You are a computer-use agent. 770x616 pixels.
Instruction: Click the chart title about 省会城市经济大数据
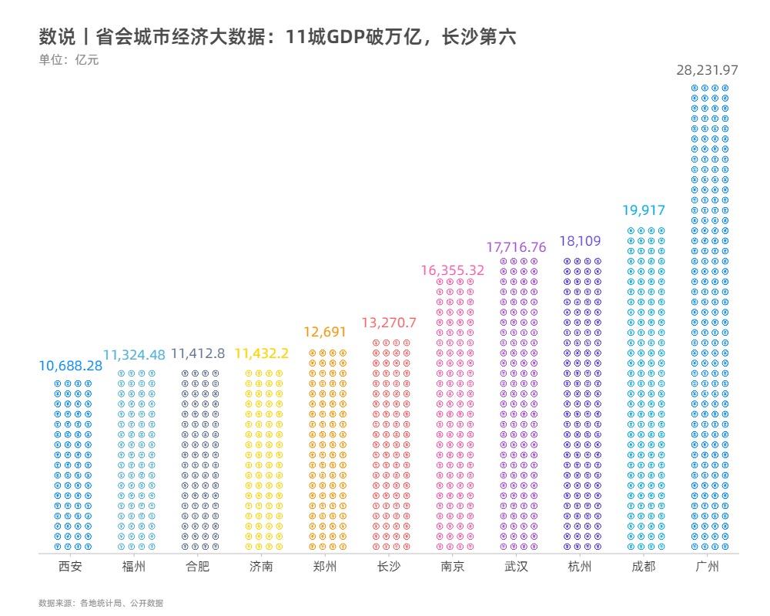[277, 37]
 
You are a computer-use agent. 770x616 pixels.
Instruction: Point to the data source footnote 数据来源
[101, 604]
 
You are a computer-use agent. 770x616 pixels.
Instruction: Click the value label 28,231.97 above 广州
[708, 70]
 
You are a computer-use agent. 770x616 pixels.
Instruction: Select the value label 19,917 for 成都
[644, 211]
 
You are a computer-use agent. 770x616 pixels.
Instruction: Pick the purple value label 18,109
[580, 242]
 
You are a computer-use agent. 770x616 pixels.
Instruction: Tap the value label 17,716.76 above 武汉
[516, 248]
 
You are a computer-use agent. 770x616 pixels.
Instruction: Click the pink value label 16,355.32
[453, 270]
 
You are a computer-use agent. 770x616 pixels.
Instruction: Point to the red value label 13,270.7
[389, 323]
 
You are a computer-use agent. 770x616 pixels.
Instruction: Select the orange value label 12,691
[325, 333]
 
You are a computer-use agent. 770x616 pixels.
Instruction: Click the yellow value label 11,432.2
[262, 353]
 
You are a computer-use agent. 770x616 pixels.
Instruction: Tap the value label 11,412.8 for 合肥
[198, 353]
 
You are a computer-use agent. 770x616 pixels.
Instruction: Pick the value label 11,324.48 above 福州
[135, 355]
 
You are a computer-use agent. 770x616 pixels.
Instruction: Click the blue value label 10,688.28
[71, 366]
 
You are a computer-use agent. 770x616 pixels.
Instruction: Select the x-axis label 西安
[71, 567]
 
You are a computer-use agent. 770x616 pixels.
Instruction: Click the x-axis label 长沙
[389, 567]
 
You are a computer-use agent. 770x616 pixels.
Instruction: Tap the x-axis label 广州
[708, 567]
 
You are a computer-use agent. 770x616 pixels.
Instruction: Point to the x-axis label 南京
[453, 567]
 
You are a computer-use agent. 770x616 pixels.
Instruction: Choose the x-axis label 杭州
[580, 567]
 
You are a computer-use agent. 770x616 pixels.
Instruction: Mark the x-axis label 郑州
[325, 567]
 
